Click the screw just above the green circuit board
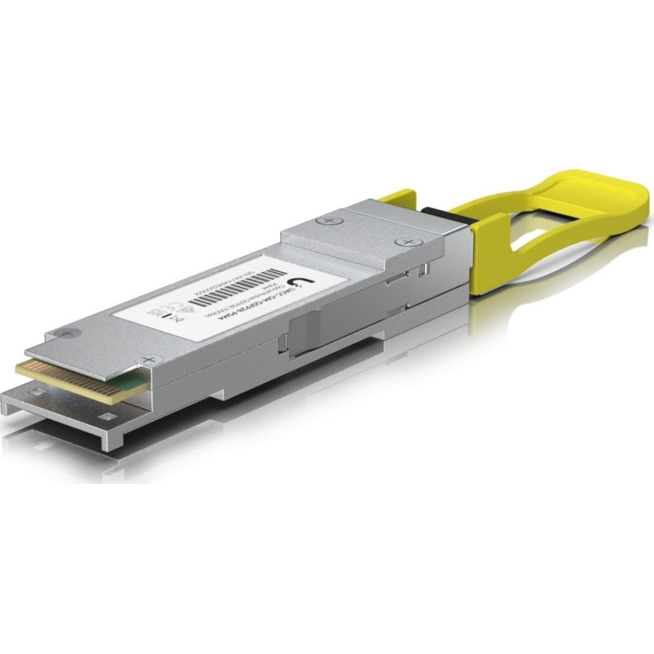148,359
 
